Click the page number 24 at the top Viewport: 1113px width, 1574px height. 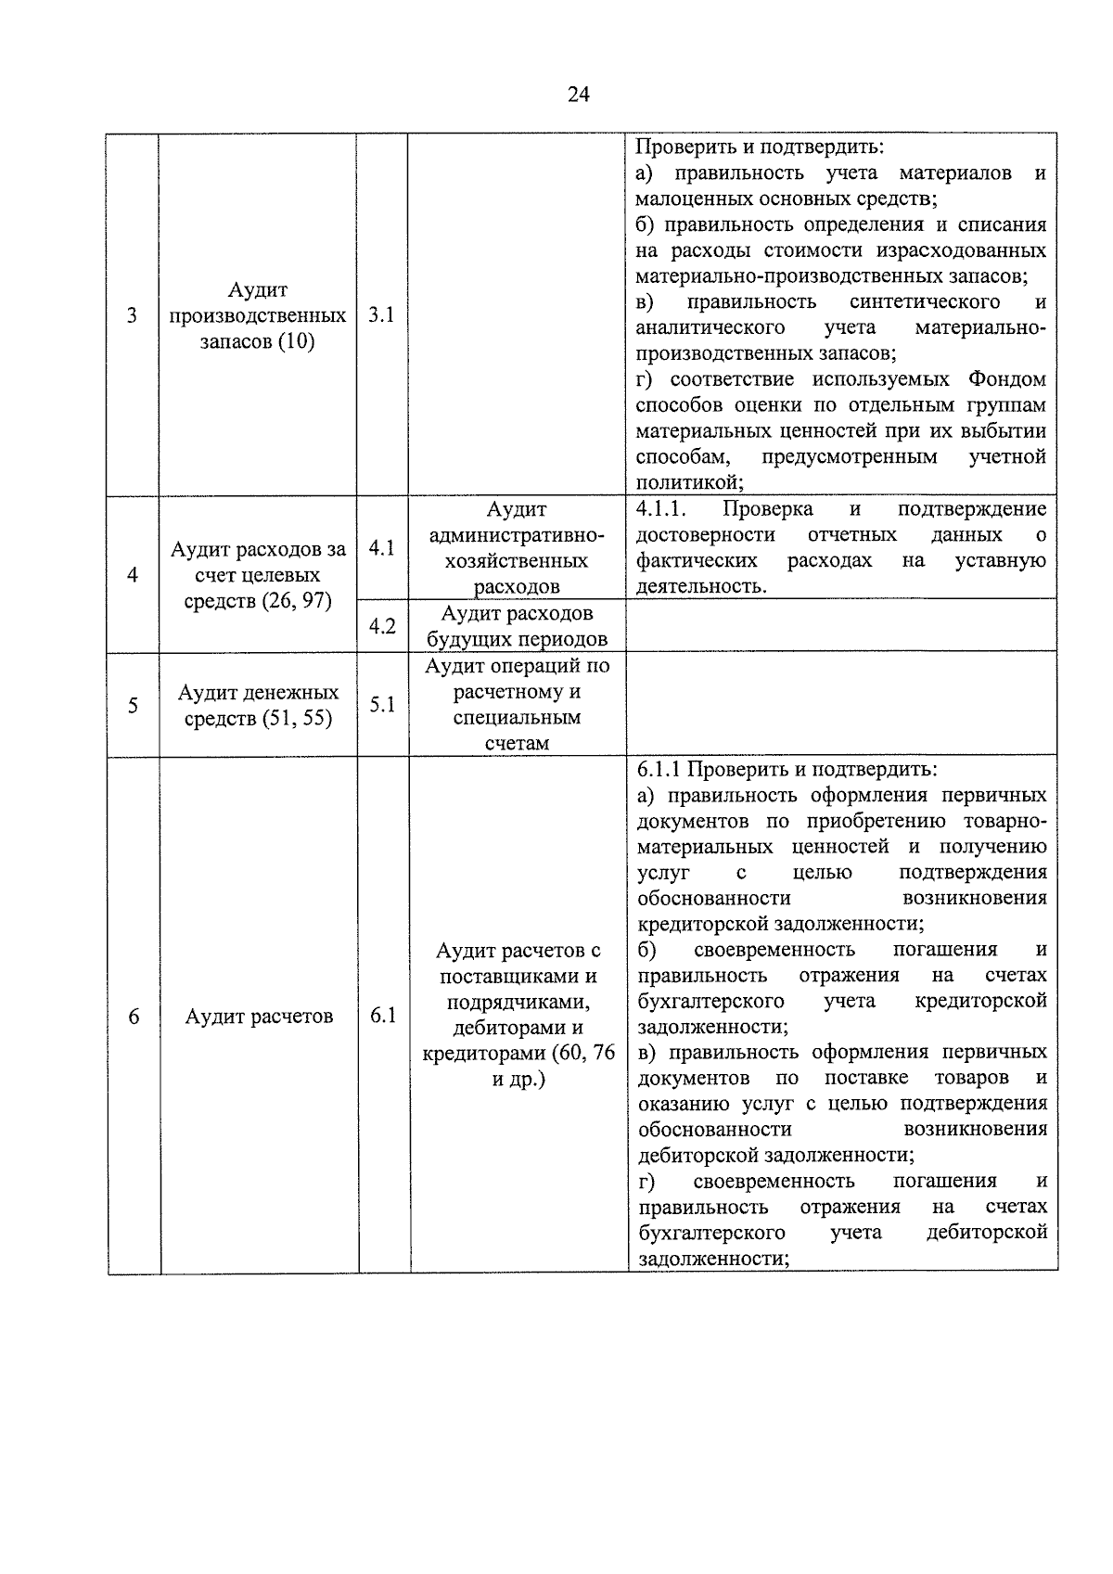point(578,95)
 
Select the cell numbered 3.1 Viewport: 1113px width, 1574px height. point(381,315)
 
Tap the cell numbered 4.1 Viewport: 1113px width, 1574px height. point(381,548)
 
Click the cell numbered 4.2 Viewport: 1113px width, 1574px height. point(382,626)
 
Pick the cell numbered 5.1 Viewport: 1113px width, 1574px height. point(382,705)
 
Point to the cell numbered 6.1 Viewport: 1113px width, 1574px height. point(383,1016)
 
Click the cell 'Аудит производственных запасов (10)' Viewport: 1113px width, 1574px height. point(258,316)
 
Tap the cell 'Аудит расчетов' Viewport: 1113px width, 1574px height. point(259,1017)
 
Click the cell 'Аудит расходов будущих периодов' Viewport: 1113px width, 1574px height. point(517,626)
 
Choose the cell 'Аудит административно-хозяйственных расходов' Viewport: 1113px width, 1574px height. point(517,548)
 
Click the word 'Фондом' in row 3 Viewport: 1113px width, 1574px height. point(1007,379)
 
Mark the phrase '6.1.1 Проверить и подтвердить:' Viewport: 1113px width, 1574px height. point(787,770)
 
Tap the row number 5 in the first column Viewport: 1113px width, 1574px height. point(133,705)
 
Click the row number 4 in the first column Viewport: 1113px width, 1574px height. point(133,575)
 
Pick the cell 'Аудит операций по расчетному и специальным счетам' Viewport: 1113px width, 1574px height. point(517,705)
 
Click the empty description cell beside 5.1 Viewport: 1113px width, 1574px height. point(841,703)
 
